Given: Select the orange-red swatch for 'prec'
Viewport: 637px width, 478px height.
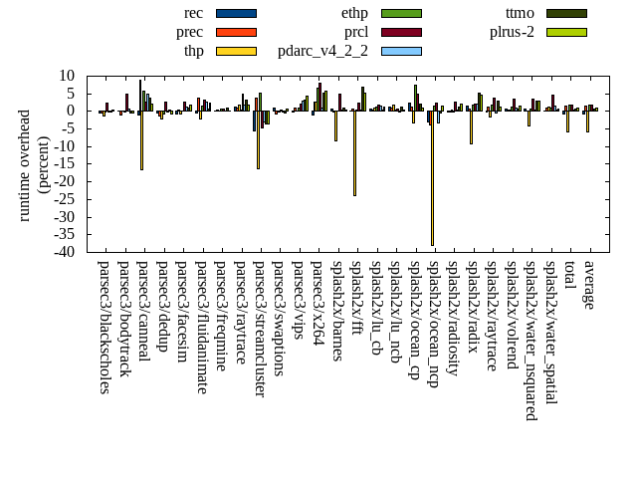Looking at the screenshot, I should pyautogui.click(x=236, y=32).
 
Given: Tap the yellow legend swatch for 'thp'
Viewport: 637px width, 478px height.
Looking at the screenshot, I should pyautogui.click(x=236, y=51).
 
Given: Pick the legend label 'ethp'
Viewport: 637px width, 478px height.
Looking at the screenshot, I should pyautogui.click(x=354, y=13).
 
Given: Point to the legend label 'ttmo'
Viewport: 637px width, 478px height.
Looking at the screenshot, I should pyautogui.click(x=520, y=13).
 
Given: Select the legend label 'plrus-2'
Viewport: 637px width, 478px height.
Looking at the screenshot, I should pyautogui.click(x=512, y=32).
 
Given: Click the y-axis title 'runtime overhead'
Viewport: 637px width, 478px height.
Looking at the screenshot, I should pyautogui.click(x=25, y=163).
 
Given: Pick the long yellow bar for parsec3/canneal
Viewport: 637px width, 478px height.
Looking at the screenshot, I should pyautogui.click(x=141, y=139).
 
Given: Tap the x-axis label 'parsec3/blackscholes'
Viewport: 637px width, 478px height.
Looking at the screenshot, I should pyautogui.click(x=104, y=327).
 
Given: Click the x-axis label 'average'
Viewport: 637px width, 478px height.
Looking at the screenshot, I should pyautogui.click(x=589, y=285).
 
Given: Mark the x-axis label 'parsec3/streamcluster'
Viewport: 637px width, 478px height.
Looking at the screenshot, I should pyautogui.click(x=259, y=329).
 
